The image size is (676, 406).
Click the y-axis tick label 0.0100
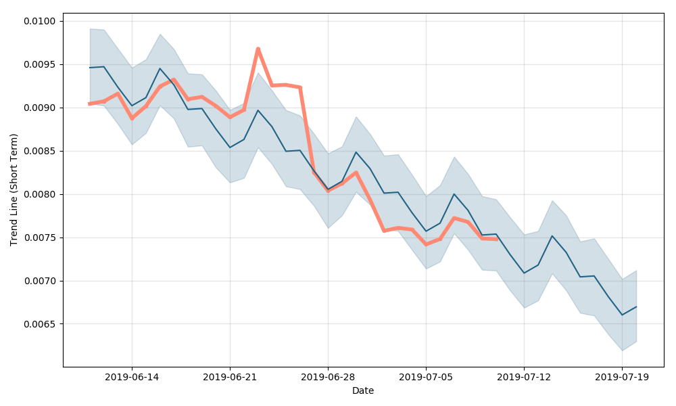click(41, 22)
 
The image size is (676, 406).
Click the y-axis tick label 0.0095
click(41, 65)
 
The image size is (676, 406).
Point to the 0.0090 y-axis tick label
click(41, 108)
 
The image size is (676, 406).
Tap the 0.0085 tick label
click(41, 152)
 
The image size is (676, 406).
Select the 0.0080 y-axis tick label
click(41, 195)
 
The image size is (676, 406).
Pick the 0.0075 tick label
click(41, 238)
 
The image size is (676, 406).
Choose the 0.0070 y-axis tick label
click(41, 281)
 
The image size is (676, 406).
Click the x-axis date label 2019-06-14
click(132, 377)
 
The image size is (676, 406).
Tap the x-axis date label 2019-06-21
click(230, 377)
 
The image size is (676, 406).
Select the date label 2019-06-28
click(328, 377)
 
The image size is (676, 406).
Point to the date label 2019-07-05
click(426, 377)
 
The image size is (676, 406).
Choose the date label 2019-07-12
click(524, 377)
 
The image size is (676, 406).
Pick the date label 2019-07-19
click(622, 377)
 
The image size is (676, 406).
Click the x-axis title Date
click(363, 391)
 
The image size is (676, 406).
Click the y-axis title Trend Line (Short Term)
click(14, 189)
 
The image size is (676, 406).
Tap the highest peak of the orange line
click(258, 49)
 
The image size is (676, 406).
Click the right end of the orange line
click(496, 239)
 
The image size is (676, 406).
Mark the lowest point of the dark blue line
click(622, 315)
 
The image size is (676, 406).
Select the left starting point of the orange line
click(90, 104)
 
